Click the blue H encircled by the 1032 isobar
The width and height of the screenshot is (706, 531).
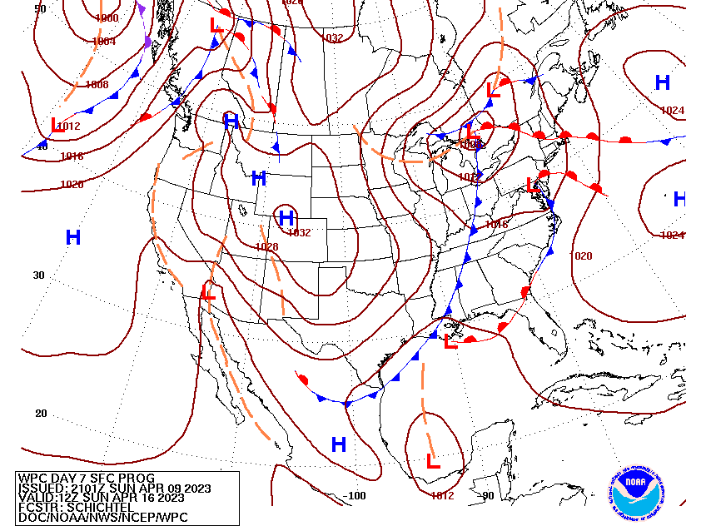pos(286,218)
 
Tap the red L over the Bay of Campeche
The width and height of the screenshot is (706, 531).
pos(432,460)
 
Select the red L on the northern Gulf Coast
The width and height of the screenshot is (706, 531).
pos(450,340)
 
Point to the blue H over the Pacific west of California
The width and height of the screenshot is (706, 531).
pos(73,238)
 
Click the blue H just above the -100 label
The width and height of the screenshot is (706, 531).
pos(339,444)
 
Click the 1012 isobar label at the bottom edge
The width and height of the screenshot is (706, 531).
pos(442,496)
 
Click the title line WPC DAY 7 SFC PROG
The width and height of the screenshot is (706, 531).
pos(74,478)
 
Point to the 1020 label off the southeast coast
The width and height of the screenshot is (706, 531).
pos(582,256)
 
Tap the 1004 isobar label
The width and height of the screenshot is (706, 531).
pos(104,42)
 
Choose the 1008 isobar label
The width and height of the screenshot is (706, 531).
pos(97,85)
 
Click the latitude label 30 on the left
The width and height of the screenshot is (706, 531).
pos(38,275)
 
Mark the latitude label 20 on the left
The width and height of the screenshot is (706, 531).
pos(40,414)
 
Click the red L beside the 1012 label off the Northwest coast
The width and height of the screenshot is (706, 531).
pos(57,125)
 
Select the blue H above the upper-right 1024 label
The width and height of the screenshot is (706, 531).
pos(663,82)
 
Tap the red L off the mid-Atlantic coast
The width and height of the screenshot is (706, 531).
pos(534,185)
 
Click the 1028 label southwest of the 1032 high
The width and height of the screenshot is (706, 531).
pos(266,246)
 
